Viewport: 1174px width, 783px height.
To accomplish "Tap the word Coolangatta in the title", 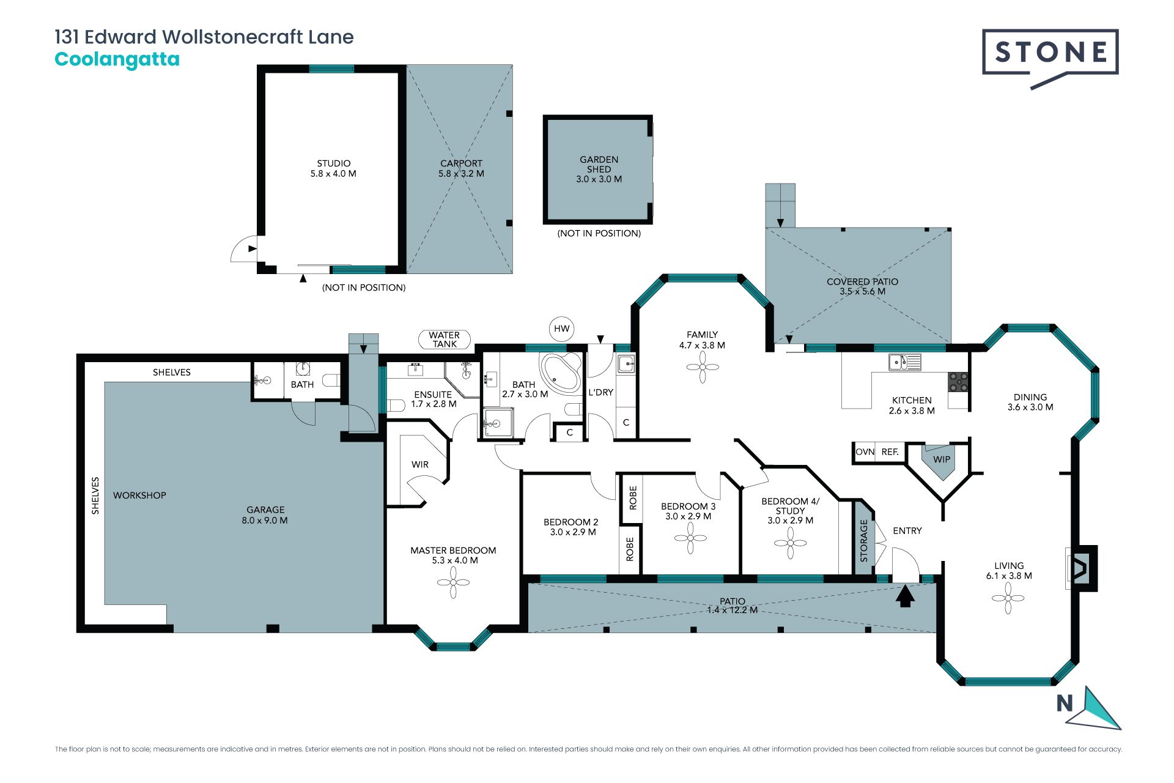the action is point(117,59).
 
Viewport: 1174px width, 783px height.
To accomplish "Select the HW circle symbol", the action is point(561,328).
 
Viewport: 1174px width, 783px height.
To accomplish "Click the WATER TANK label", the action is point(445,340).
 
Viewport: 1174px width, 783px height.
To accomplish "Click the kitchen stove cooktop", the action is point(958,382).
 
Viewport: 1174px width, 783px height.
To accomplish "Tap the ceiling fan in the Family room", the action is point(702,367).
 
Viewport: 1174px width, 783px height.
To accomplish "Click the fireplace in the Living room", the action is point(1081,568).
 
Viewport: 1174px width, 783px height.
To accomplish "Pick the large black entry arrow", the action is point(905,596).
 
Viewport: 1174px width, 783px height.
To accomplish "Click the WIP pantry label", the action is point(942,459).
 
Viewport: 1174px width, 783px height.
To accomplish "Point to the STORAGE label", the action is point(864,541).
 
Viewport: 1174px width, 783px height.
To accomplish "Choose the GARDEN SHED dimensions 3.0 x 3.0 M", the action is point(599,179).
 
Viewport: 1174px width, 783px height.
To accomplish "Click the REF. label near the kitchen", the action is point(890,452).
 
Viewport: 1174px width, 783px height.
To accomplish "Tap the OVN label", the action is point(865,452).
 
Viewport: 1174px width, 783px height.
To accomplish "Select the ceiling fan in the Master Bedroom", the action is point(453,582).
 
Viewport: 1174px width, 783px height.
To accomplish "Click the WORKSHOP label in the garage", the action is point(139,495).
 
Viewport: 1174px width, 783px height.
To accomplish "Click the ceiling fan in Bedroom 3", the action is point(690,538).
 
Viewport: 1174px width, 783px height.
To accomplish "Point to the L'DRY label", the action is point(600,392).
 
